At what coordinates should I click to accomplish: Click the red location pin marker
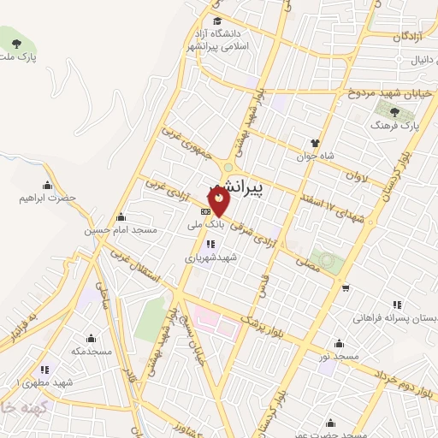220,200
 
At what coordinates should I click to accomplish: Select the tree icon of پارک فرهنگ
394,112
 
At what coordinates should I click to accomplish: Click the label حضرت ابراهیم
48,198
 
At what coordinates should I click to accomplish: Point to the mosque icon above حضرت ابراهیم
48,185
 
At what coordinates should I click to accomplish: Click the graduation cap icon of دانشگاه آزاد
217,21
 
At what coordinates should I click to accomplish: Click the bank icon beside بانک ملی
205,211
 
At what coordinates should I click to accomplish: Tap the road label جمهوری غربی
181,145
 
